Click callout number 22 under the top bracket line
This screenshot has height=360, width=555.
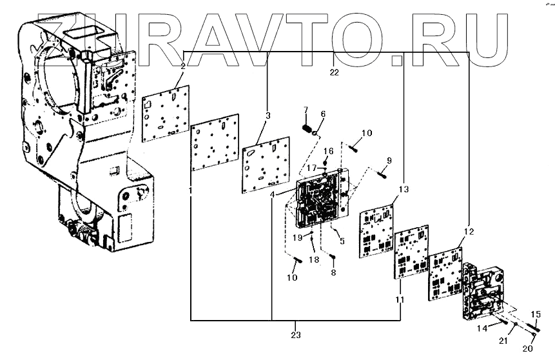[x=334, y=72]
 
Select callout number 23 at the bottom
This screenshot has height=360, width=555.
[x=296, y=335]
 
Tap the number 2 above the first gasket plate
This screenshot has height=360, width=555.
[x=183, y=66]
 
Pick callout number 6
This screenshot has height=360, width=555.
[x=324, y=114]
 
